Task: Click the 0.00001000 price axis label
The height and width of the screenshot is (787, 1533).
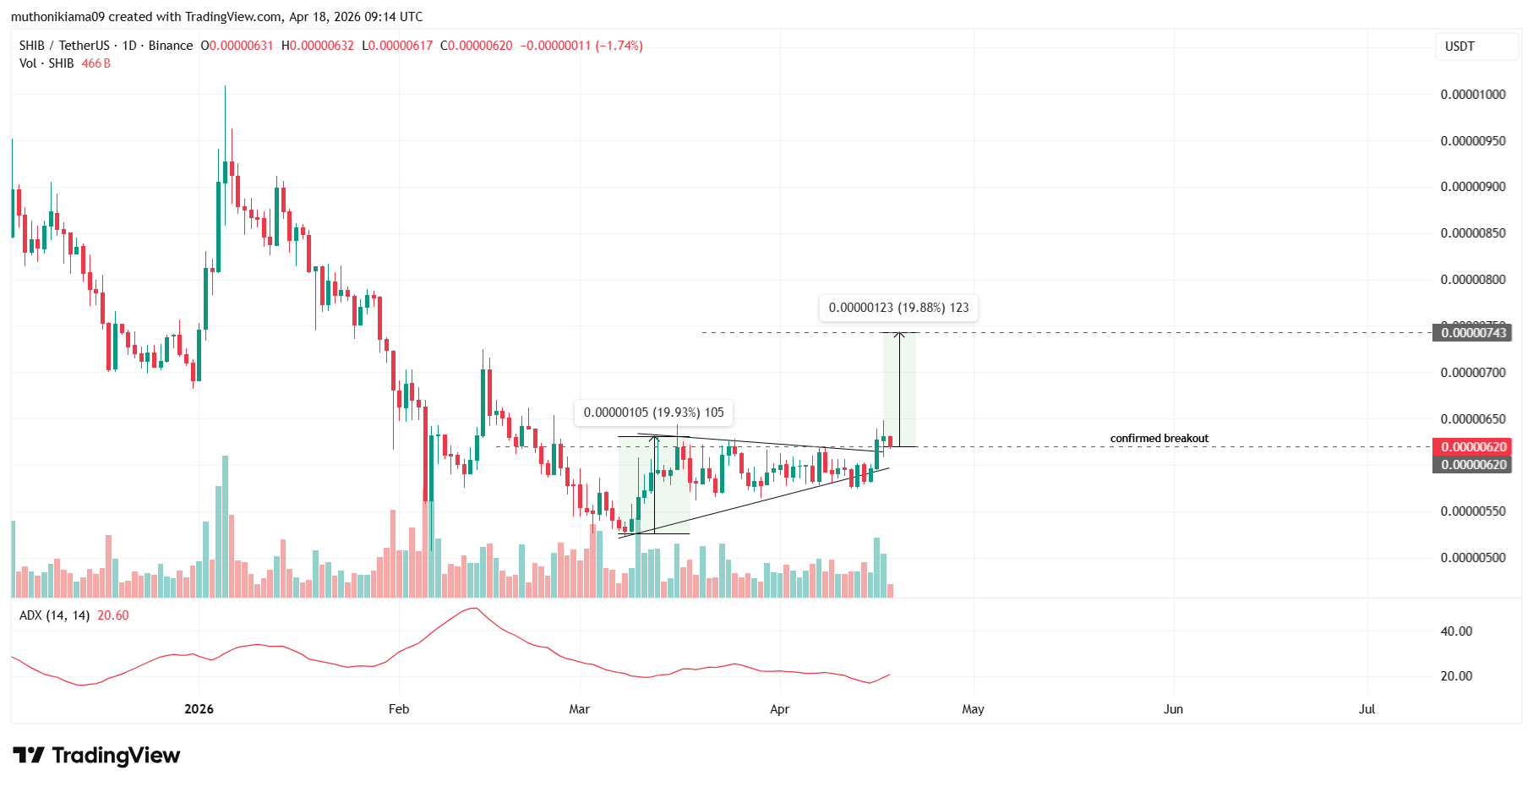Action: [x=1472, y=95]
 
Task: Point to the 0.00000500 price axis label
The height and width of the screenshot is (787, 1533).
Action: [x=1472, y=558]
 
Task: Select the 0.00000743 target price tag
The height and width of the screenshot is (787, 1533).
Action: [x=1473, y=333]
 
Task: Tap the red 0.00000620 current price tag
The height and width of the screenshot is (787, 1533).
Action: [x=1473, y=447]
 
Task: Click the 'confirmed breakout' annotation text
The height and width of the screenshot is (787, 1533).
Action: [x=1159, y=438]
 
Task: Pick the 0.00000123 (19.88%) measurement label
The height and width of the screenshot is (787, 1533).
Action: [x=898, y=308]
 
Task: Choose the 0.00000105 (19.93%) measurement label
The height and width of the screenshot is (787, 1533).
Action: [x=653, y=413]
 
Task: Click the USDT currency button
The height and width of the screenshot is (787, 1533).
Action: [x=1459, y=46]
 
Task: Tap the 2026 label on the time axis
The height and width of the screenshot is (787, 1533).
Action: [x=199, y=709]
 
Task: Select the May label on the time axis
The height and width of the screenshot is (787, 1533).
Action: [x=973, y=709]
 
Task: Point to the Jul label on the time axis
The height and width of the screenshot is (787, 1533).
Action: [x=1367, y=709]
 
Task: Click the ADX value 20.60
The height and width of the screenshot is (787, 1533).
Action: [x=113, y=615]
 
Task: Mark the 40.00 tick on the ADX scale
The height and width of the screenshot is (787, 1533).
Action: [x=1456, y=631]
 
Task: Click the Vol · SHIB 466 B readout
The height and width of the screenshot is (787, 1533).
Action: [x=65, y=63]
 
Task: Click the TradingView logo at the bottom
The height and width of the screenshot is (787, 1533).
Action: [x=96, y=755]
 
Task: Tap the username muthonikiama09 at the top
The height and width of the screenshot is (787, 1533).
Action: [x=57, y=17]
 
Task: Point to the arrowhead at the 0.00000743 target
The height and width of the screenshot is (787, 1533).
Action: [x=900, y=335]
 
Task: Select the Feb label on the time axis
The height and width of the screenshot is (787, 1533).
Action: [x=399, y=709]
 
